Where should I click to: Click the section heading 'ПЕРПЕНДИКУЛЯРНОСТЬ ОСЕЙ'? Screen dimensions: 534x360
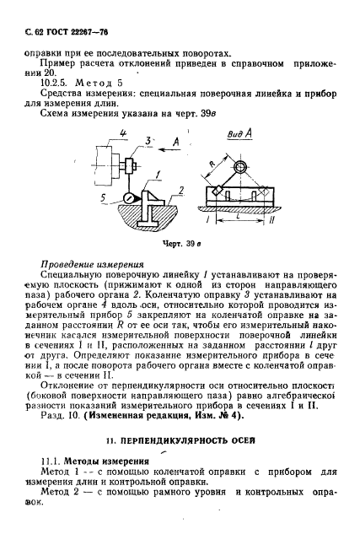click(x=185, y=440)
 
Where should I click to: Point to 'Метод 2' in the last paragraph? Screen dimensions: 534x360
click(x=63, y=496)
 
